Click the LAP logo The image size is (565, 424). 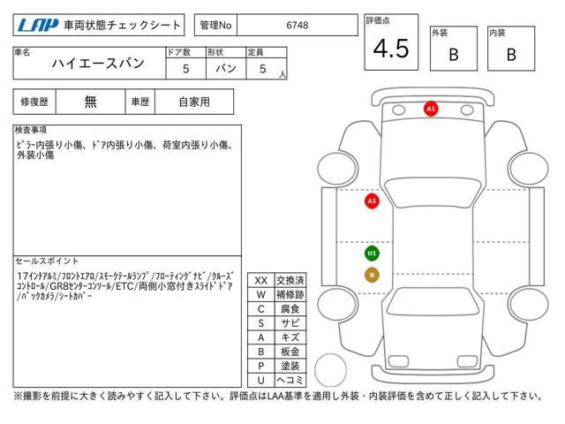[x=38, y=26]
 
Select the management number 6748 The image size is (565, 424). [x=298, y=26]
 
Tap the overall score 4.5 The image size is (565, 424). [x=391, y=49]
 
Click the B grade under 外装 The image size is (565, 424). [x=454, y=55]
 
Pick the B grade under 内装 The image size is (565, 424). [x=511, y=55]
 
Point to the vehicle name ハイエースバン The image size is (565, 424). [x=98, y=64]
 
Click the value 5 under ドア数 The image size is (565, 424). [x=186, y=69]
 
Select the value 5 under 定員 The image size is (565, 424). [x=263, y=69]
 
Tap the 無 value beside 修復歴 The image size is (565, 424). [x=90, y=102]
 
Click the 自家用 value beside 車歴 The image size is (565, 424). [x=194, y=102]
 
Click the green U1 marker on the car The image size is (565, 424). [x=372, y=254]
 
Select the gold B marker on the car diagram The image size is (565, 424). [x=372, y=275]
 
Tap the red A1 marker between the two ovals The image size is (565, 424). [x=431, y=109]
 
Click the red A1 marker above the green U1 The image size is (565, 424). [x=372, y=201]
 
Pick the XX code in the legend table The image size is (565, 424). [x=261, y=281]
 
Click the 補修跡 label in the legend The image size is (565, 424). [x=290, y=294]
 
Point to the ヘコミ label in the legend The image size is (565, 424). [x=290, y=380]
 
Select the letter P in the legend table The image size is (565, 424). [x=261, y=366]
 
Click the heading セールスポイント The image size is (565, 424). [x=47, y=261]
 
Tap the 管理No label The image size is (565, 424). [x=215, y=26]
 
